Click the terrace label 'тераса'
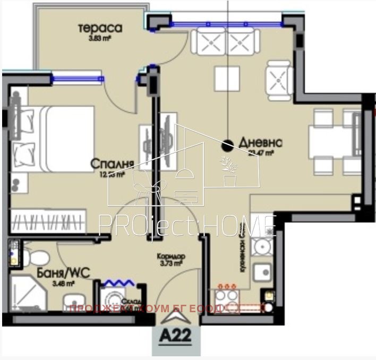pyautogui.click(x=100, y=28)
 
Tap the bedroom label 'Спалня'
pyautogui.click(x=111, y=163)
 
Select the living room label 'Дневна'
pyautogui.click(x=260, y=143)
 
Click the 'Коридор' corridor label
pyautogui.click(x=170, y=256)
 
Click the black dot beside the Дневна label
pyautogui.click(x=227, y=144)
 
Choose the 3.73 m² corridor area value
pyautogui.click(x=170, y=264)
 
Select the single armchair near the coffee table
pyautogui.click(x=279, y=80)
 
